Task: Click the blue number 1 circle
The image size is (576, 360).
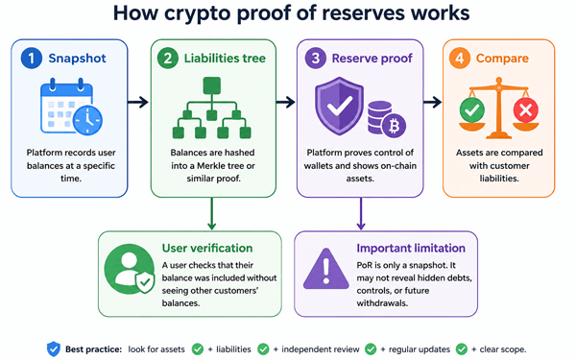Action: pyautogui.click(x=32, y=59)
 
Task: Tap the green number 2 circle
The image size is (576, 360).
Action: pyautogui.click(x=167, y=59)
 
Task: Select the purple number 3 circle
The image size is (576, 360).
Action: pyautogui.click(x=315, y=59)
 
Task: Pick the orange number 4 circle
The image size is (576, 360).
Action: pyautogui.click(x=460, y=59)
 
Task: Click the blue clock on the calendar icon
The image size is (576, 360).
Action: pyautogui.click(x=87, y=121)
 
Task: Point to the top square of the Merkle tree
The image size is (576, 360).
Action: pyautogui.click(x=212, y=85)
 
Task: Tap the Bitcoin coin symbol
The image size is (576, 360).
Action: pyautogui.click(x=395, y=126)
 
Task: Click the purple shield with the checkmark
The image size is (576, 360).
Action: pyautogui.click(x=340, y=106)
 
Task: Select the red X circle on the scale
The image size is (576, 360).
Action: pyautogui.click(x=526, y=109)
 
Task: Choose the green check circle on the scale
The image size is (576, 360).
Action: pyautogui.click(x=472, y=109)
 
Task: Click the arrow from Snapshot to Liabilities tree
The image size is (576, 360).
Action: pyautogui.click(x=138, y=102)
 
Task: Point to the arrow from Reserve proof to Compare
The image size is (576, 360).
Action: pyautogui.click(x=432, y=102)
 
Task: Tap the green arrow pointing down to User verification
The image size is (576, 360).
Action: pyautogui.click(x=211, y=214)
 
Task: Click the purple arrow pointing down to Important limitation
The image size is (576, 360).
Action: pyautogui.click(x=361, y=214)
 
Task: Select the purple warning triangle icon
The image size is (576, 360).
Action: pyautogui.click(x=325, y=269)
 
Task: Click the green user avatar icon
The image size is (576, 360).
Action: pyautogui.click(x=130, y=269)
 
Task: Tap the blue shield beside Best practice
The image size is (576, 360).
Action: pyautogui.click(x=53, y=349)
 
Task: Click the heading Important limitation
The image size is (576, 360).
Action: pyautogui.click(x=411, y=249)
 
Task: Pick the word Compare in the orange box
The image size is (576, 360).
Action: pyautogui.click(x=502, y=59)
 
